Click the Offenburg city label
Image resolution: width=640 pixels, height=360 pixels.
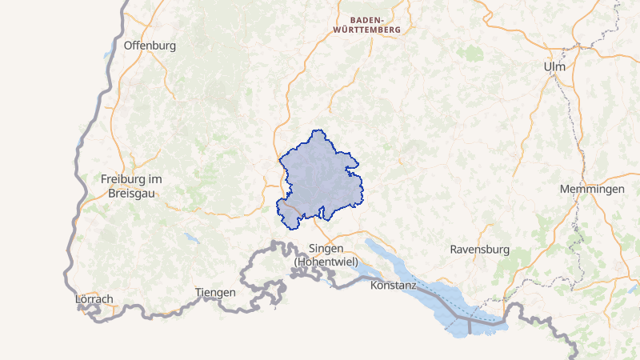pyautogui.click(x=150, y=46)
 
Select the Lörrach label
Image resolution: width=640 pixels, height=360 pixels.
pyautogui.click(x=94, y=299)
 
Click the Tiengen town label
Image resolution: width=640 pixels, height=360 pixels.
pyautogui.click(x=215, y=292)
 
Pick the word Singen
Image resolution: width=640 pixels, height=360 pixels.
pyautogui.click(x=326, y=249)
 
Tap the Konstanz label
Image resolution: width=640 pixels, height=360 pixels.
pyautogui.click(x=394, y=285)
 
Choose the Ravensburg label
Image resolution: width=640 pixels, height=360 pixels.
pyautogui.click(x=479, y=249)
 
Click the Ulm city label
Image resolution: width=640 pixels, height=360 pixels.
pyautogui.click(x=554, y=66)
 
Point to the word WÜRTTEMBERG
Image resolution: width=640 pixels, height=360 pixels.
pyautogui.click(x=368, y=29)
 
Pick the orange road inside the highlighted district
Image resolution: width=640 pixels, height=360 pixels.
pyautogui.click(x=290, y=209)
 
